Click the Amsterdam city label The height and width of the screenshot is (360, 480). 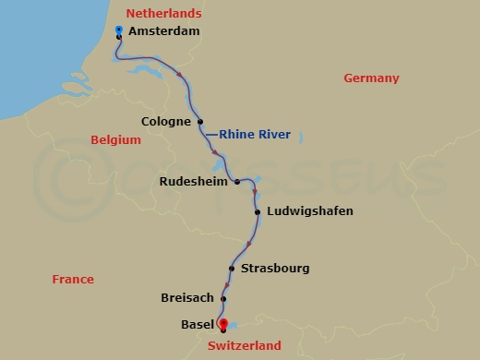click(x=163, y=31)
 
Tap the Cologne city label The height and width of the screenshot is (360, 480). click(x=166, y=121)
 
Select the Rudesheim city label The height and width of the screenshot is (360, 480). click(x=192, y=182)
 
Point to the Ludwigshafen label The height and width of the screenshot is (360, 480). click(x=309, y=211)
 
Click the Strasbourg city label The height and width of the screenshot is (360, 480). click(x=274, y=269)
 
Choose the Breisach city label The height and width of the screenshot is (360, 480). click(x=186, y=297)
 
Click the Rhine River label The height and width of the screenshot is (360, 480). click(x=255, y=135)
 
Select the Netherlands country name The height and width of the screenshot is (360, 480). click(x=164, y=13)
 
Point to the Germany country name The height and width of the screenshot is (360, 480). click(x=371, y=78)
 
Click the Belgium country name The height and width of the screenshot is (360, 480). click(x=115, y=140)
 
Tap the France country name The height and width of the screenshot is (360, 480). click(x=73, y=279)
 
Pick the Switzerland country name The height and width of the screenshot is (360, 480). click(x=245, y=346)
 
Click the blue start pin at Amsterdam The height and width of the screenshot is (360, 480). click(x=119, y=31)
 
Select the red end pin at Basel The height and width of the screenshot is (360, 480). click(x=222, y=323)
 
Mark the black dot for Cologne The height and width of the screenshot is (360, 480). click(x=200, y=121)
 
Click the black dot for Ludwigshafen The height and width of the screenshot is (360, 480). click(x=257, y=211)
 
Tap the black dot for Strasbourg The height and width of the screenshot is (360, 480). click(x=232, y=269)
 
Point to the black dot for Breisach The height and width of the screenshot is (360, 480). click(x=222, y=297)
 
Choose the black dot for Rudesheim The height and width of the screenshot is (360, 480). click(x=236, y=182)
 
